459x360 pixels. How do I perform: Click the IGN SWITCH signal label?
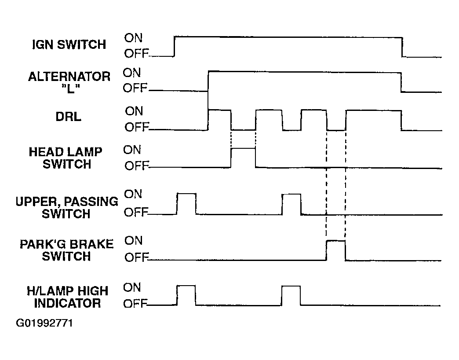[69, 44]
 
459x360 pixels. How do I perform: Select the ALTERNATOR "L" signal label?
[69, 82]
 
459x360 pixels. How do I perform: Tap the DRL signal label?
[68, 117]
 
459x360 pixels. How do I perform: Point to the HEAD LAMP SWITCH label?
[66, 158]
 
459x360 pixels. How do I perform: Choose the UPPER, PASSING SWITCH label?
[67, 208]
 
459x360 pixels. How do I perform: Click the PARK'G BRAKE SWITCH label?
[66, 250]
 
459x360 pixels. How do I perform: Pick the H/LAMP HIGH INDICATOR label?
[67, 297]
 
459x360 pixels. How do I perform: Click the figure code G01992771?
[44, 323]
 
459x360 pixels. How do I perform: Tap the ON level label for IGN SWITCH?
[134, 38]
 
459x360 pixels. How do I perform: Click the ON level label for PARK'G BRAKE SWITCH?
[134, 241]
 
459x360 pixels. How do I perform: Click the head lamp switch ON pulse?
[243, 148]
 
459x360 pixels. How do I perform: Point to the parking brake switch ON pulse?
[336, 241]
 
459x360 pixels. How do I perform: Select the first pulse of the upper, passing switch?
[186, 194]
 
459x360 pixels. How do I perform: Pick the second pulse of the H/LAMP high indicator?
[291, 286]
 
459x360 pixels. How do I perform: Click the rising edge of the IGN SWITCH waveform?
[175, 46]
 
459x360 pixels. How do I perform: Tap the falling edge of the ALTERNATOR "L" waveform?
[401, 82]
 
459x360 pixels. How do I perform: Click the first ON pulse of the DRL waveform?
[219, 110]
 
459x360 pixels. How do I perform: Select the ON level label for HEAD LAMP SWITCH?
[132, 150]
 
